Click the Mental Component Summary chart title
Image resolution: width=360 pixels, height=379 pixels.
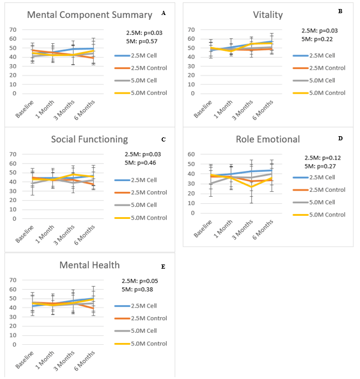coord(89,15)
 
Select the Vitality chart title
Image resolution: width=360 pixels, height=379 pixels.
coord(268,15)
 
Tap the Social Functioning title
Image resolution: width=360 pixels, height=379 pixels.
coord(89,140)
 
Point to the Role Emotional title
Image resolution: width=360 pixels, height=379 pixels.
coord(268,140)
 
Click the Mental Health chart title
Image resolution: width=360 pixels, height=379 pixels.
coord(89,265)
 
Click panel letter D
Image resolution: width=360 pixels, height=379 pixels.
coord(340,139)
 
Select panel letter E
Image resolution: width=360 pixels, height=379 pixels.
coord(163,267)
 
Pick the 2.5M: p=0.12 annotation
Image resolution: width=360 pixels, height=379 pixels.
coord(323,158)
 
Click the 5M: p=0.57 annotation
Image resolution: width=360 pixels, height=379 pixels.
coord(142,41)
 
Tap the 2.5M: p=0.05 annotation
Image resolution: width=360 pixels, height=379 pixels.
coord(140,281)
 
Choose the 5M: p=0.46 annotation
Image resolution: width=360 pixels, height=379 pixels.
coord(140,163)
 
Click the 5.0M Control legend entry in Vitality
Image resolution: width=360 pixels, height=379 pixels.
coord(319,93)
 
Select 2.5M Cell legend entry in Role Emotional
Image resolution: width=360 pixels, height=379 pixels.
coord(314,177)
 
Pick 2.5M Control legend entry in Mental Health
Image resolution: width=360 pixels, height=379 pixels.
coord(141,318)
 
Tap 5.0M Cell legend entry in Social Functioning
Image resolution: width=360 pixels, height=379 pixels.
coord(136,204)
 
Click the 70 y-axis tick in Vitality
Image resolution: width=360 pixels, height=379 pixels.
coord(191,30)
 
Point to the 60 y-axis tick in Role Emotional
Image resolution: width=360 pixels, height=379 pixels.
coord(191,154)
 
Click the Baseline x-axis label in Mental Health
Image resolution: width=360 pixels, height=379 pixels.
coord(25,360)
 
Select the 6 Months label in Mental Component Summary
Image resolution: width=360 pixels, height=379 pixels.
coord(85,110)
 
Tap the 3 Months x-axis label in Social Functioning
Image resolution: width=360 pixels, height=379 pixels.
coord(64,235)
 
